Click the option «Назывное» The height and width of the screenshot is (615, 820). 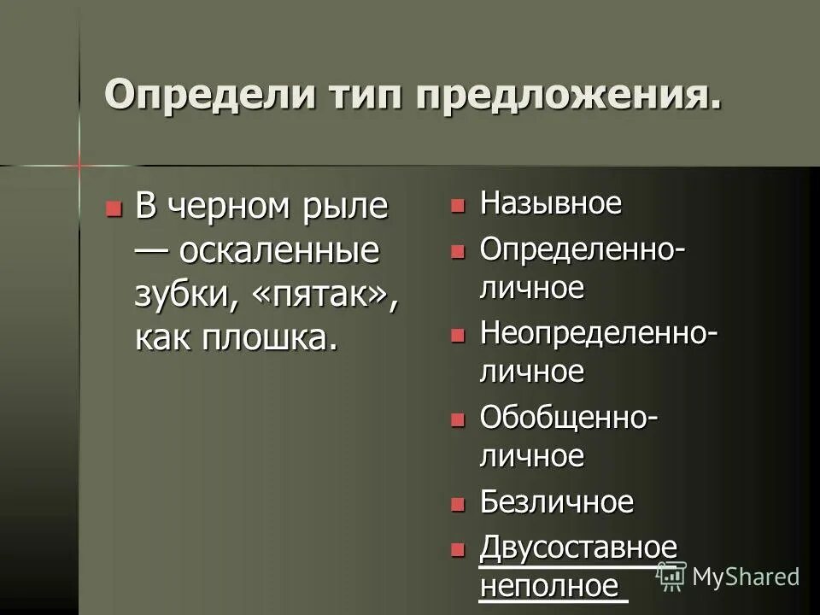click(x=550, y=204)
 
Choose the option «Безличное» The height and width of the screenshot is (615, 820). click(x=556, y=502)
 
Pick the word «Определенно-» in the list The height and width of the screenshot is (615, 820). click(x=582, y=249)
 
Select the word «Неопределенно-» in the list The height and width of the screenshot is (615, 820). click(x=598, y=332)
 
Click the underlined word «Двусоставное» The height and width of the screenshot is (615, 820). click(x=578, y=547)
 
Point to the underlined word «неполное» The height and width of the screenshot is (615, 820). click(x=548, y=586)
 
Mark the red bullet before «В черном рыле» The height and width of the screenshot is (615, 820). click(x=112, y=208)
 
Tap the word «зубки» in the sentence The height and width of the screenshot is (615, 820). click(x=182, y=295)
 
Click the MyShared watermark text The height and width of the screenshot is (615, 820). click(x=746, y=577)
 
